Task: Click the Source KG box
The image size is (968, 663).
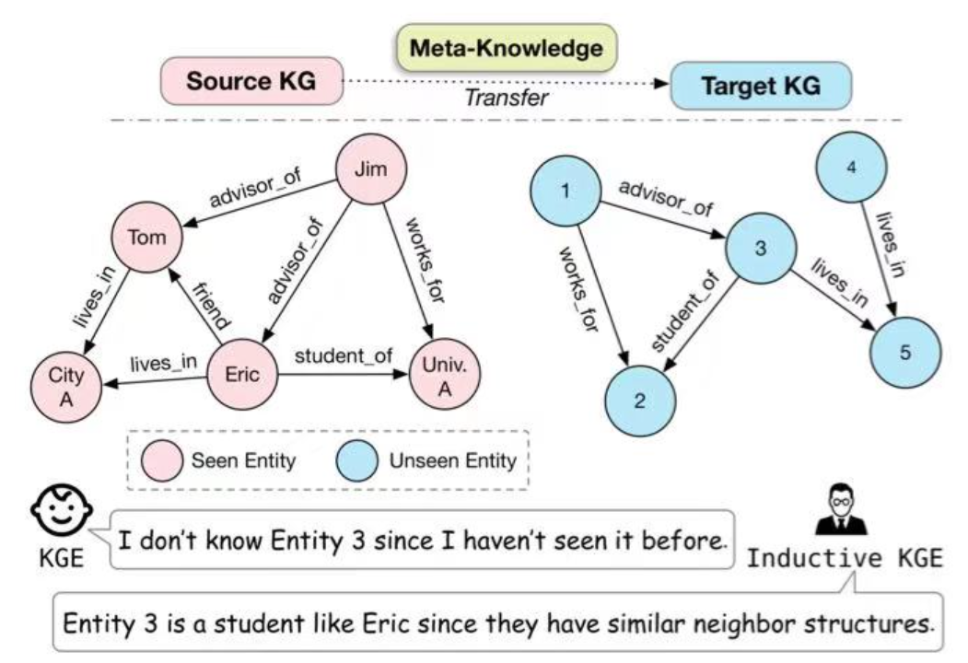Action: tap(251, 81)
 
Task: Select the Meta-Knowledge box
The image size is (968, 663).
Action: tap(506, 50)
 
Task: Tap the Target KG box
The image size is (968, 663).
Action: tap(760, 87)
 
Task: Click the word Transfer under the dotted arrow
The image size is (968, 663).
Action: tap(507, 97)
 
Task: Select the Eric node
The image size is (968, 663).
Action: tap(241, 375)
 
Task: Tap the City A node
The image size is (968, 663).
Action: tap(66, 384)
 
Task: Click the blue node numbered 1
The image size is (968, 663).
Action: tap(564, 193)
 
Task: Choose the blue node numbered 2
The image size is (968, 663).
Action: tap(639, 403)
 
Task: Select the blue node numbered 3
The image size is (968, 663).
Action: tap(759, 249)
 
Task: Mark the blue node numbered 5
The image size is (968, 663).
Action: tap(905, 353)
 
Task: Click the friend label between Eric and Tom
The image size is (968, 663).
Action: tap(211, 306)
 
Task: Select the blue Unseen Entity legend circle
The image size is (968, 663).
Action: tap(356, 460)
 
